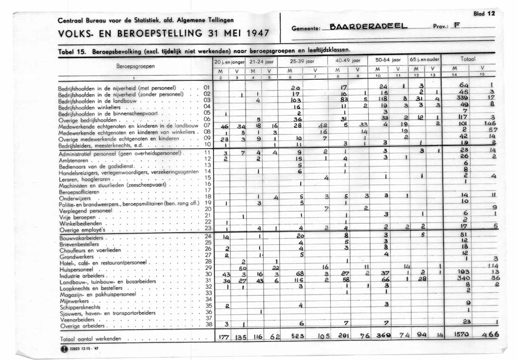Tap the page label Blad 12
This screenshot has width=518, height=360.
(x=484, y=14)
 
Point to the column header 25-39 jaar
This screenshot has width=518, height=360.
(x=300, y=61)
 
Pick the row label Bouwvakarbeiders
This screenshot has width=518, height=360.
(x=81, y=237)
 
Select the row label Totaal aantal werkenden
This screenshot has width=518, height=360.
(x=90, y=339)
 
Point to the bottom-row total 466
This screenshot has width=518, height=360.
(x=490, y=335)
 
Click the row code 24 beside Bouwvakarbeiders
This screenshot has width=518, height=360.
(x=207, y=236)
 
